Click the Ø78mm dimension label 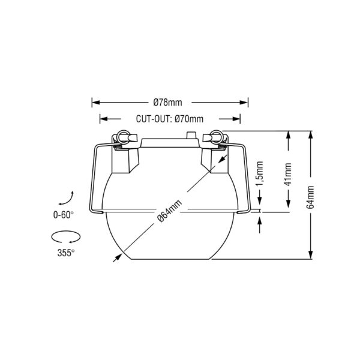tap(167, 103)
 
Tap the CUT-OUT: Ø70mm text tap(170, 119)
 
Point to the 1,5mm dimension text tap(260, 174)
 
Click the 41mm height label tap(288, 174)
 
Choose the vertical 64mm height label tap(310, 197)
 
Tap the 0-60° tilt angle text tap(64, 215)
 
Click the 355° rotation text tap(66, 253)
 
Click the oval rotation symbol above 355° tap(66, 236)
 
